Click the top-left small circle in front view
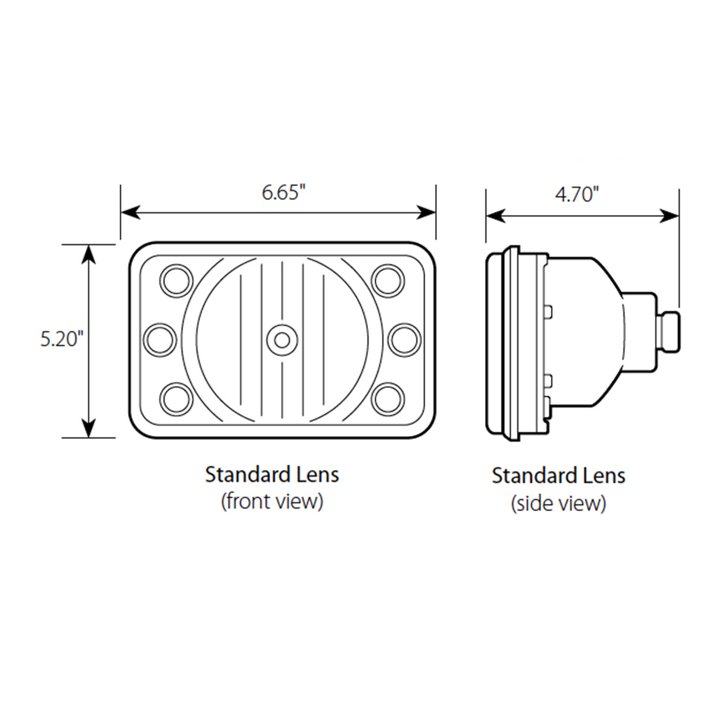pos(176,280)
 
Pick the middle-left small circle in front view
pos(161,340)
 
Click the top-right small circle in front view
pos(387,280)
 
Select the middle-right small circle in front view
pos(403,340)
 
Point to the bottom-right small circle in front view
pos(387,398)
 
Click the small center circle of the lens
pos(282,340)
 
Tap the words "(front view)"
pos(272,501)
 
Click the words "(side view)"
pos(558,503)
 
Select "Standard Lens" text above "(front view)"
pos(272,474)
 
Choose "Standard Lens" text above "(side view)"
pos(558,475)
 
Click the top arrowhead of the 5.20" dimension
pos(89,253)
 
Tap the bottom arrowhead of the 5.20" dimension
pos(89,428)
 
